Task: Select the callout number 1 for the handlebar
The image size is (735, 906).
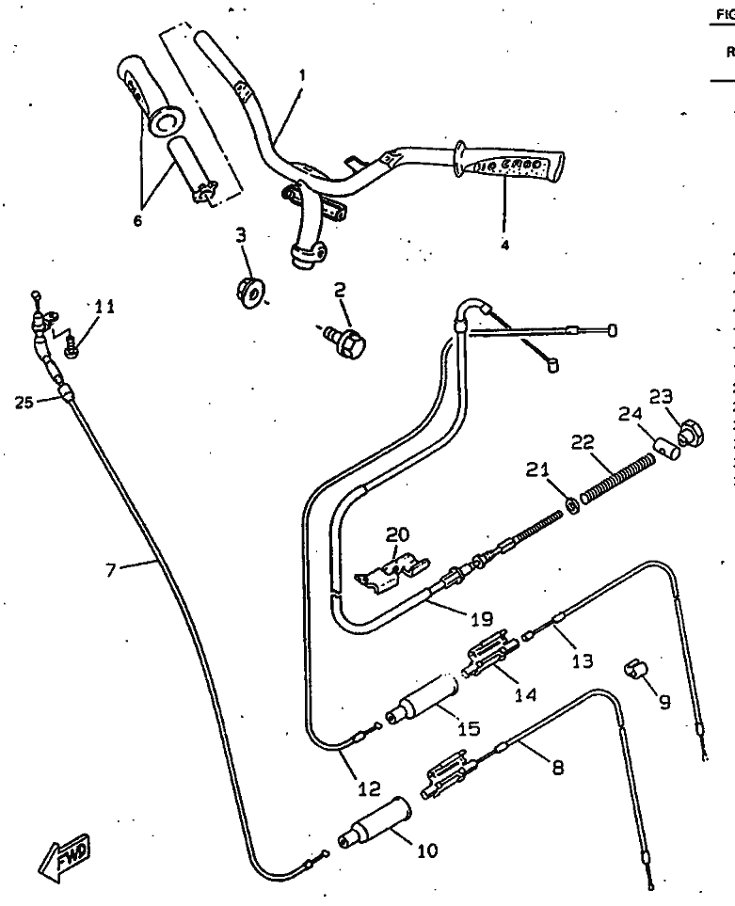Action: tap(300, 72)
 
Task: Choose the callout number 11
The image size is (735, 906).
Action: tap(104, 306)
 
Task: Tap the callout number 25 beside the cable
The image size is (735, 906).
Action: tap(24, 402)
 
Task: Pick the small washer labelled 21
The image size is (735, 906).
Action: tap(570, 507)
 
